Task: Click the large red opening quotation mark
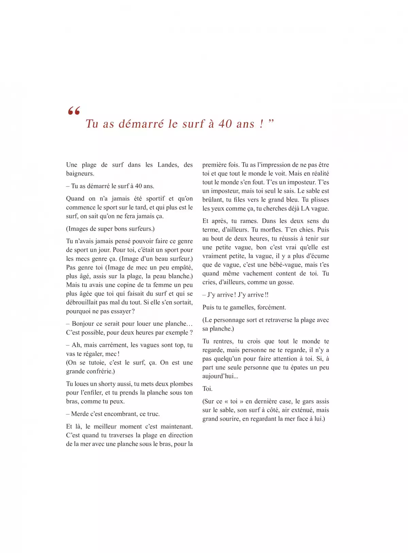coord(74,111)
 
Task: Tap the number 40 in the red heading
coord(225,124)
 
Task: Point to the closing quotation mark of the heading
coord(271,121)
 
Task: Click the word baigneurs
coord(80,173)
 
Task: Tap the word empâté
coord(180,267)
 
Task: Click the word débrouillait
coord(82,302)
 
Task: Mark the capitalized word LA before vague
coord(305,208)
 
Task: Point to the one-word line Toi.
coord(207,389)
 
